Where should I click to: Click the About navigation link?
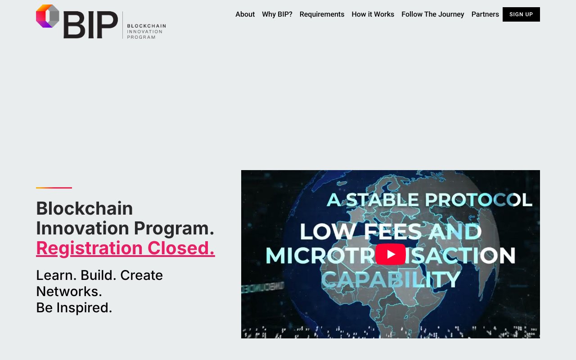(245, 14)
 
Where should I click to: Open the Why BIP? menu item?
(277, 14)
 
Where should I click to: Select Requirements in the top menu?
(322, 14)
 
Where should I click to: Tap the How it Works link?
(373, 14)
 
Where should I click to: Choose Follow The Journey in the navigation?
(432, 14)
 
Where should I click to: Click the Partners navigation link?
(485, 14)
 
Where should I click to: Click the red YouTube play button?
(391, 254)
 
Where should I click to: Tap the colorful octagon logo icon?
(48, 16)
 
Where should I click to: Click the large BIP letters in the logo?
(90, 25)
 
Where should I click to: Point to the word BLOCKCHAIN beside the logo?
(146, 26)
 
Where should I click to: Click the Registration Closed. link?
(126, 248)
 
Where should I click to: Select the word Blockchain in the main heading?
(85, 208)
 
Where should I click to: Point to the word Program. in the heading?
(174, 228)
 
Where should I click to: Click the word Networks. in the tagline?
(69, 291)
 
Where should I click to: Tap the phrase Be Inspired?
(74, 307)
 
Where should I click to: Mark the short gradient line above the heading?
(54, 188)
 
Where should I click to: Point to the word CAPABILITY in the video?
(391, 279)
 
